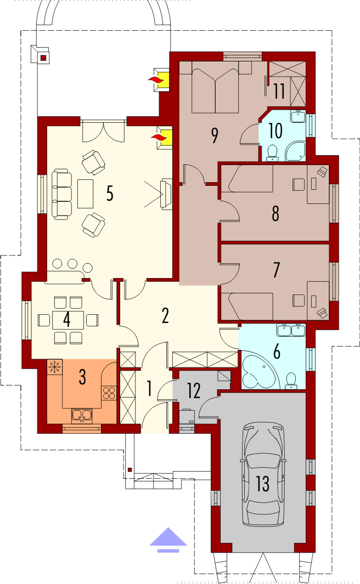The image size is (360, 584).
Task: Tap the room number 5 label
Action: point(110,194)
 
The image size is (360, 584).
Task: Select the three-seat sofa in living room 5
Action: point(61,194)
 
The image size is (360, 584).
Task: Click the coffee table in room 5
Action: point(86,194)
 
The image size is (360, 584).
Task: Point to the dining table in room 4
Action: point(68,320)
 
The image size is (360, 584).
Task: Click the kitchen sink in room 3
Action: point(82,415)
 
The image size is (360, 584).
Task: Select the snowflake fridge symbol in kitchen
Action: point(55,367)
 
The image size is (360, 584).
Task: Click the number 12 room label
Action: point(193,390)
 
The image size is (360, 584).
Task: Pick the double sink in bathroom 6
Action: point(291,330)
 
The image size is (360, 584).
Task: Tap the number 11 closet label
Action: point(279,91)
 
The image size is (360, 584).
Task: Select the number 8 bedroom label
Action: point(275,213)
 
